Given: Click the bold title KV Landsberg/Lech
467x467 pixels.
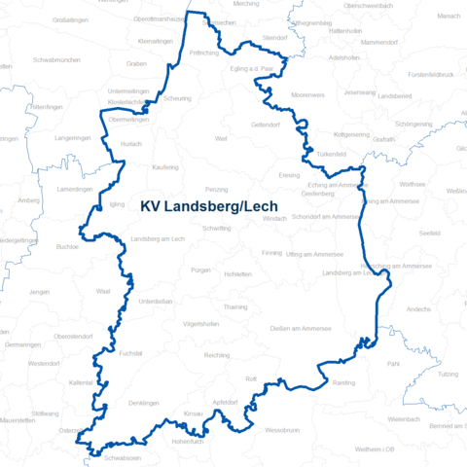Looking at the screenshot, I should [x=209, y=206].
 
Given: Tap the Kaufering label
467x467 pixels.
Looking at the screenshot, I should [x=165, y=167].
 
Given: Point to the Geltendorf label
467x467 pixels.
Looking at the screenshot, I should [x=266, y=126].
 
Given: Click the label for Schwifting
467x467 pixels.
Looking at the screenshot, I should [x=217, y=227].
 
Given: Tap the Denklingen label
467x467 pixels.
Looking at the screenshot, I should [x=143, y=402].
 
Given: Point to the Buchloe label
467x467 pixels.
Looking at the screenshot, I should [x=67, y=247].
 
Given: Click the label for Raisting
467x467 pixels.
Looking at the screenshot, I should [x=343, y=383].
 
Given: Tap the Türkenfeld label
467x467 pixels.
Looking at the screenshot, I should [x=331, y=155].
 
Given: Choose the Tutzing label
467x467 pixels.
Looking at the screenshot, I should [x=449, y=374].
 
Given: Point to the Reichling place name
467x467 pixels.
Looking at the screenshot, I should [x=217, y=355].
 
